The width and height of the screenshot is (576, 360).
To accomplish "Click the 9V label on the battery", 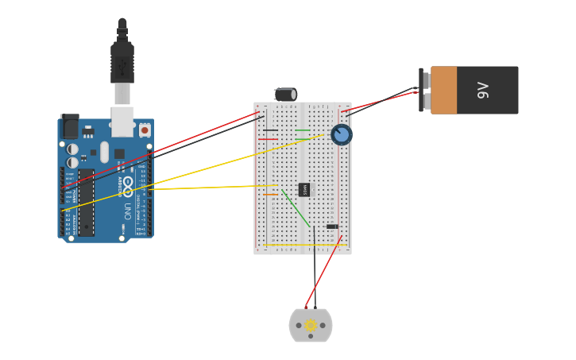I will (482, 91).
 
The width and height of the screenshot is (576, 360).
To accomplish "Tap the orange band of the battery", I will (445, 90).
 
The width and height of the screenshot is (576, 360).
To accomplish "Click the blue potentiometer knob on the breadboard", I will (342, 134).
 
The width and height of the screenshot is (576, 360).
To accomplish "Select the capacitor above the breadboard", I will (286, 94).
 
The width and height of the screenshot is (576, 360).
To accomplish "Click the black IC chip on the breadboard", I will (304, 189).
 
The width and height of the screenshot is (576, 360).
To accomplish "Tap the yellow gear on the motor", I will (311, 325).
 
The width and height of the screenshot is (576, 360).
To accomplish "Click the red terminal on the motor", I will (306, 308).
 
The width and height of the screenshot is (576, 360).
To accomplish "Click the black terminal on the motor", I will (315, 308).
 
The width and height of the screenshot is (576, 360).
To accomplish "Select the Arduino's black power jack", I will (70, 126).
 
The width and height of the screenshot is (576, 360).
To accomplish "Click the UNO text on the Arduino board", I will (127, 211).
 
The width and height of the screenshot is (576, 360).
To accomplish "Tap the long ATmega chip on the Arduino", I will (86, 202).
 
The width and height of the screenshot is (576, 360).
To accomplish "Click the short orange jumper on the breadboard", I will (272, 195).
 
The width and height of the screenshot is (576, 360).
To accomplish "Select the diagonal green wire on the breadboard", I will (296, 207).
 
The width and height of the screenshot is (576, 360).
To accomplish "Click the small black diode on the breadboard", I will (332, 226).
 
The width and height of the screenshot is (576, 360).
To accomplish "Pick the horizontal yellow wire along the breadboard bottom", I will (302, 246).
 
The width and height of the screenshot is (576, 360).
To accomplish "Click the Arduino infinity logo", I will (127, 182).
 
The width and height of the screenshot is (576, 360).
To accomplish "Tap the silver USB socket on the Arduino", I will (122, 121).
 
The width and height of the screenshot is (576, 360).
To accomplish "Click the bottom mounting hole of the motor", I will (311, 337).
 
